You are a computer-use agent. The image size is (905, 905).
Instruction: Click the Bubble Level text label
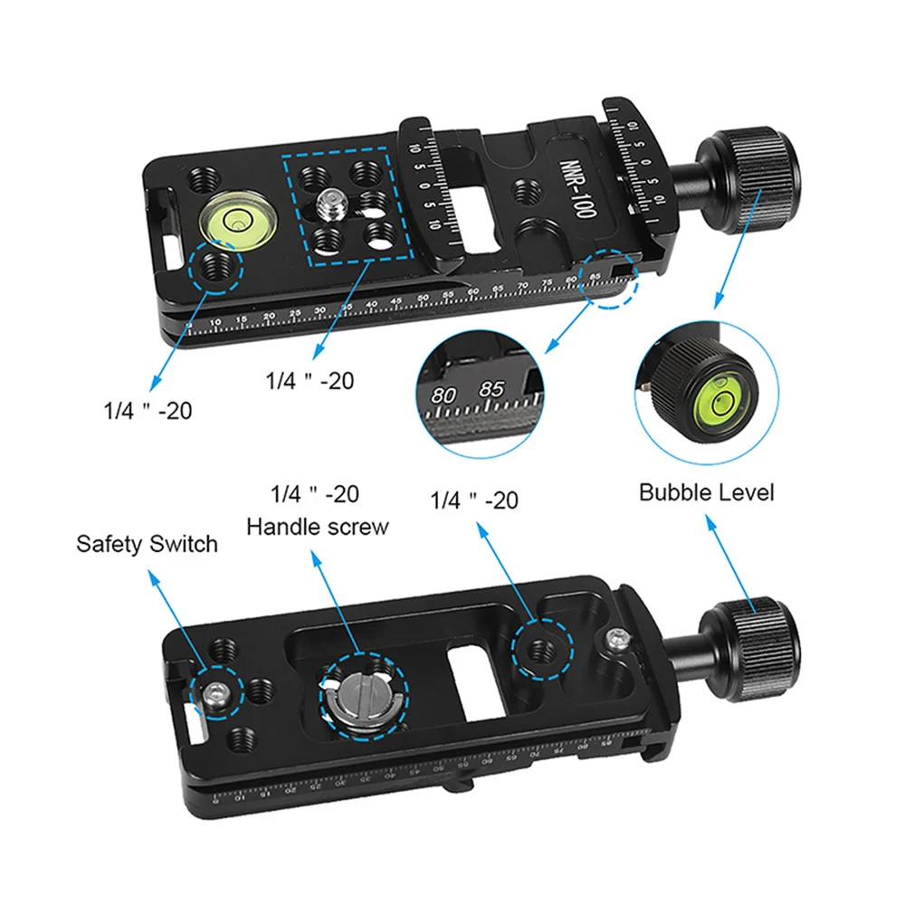[x=707, y=493]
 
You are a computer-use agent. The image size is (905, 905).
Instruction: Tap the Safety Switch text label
[x=147, y=544]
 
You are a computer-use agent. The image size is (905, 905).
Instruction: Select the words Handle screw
[x=318, y=527]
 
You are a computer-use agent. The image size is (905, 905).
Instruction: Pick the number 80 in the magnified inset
[x=444, y=395]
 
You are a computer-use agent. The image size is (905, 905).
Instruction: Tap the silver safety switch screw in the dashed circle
[x=216, y=694]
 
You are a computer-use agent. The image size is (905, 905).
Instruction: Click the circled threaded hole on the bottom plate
[x=541, y=648]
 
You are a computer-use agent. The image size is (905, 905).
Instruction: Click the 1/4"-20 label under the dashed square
[x=309, y=381]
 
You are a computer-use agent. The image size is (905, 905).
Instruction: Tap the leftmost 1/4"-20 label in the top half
[x=147, y=410]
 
